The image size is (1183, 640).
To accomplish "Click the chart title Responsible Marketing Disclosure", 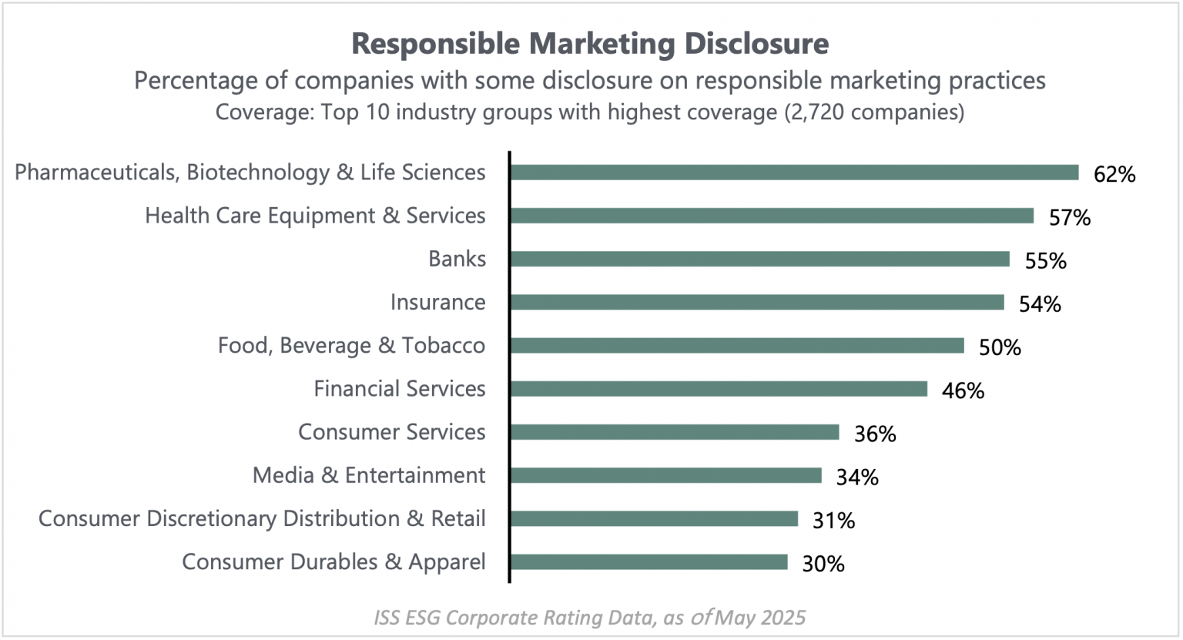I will pyautogui.click(x=590, y=44).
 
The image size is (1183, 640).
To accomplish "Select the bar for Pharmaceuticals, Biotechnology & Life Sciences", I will pyautogui.click(x=794, y=173).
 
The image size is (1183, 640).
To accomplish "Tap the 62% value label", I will pyautogui.click(x=1114, y=175).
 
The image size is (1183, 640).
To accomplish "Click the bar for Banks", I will pyautogui.click(x=759, y=259).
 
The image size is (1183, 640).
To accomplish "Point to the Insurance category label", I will pyautogui.click(x=437, y=302).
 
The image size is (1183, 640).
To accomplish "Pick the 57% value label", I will pyautogui.click(x=1070, y=218).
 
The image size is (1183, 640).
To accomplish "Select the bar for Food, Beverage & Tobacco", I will pyautogui.click(x=736, y=346).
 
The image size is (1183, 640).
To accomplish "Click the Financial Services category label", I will pyautogui.click(x=399, y=389).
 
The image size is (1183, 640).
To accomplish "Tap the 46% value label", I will pyautogui.click(x=963, y=391).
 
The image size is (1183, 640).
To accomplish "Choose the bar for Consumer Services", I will pyautogui.click(x=674, y=432).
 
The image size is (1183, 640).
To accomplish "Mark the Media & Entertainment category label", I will pyautogui.click(x=369, y=475).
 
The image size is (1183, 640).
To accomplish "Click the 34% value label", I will pyautogui.click(x=857, y=477).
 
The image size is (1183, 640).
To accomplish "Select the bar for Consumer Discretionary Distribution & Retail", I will pyautogui.click(x=654, y=519).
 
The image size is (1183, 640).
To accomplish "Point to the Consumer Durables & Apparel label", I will pyautogui.click(x=333, y=562).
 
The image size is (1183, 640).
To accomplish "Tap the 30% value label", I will pyautogui.click(x=823, y=565).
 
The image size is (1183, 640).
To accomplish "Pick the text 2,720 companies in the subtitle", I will pyautogui.click(x=873, y=112).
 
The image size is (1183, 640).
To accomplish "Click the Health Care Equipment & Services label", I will pyautogui.click(x=315, y=216).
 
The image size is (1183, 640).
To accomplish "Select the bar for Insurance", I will pyautogui.click(x=756, y=303).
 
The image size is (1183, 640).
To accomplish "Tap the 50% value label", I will pyautogui.click(x=1000, y=348).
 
